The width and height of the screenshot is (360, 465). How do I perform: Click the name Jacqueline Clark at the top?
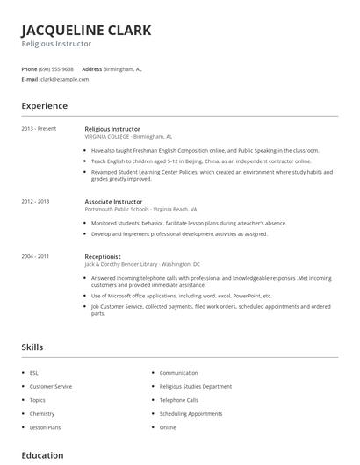coord(86,30)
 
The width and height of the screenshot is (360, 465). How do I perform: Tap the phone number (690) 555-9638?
coord(57,68)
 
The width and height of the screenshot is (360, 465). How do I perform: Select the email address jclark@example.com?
coord(64,79)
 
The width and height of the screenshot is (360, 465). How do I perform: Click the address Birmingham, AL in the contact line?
coord(123,68)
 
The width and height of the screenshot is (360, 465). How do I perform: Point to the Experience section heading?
coord(44,106)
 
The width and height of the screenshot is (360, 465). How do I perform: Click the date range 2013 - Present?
coord(39,129)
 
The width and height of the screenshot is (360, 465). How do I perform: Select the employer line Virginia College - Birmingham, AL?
coord(128,137)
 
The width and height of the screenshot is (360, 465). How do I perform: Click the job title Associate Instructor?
coord(113,202)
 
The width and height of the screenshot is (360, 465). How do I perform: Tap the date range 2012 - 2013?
coord(36,202)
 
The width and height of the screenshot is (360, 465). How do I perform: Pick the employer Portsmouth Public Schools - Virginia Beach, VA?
coord(140,210)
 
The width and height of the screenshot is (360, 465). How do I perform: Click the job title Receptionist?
coord(103,256)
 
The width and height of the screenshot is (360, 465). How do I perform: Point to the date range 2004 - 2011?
coord(36,256)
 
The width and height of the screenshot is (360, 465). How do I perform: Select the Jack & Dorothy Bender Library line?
coord(142,264)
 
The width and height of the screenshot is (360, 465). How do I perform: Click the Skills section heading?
coord(32,347)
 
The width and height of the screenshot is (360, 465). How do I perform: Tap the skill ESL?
coord(33,373)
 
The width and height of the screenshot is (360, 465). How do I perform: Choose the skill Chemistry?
coord(42,413)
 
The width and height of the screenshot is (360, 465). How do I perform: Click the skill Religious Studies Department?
coord(195,386)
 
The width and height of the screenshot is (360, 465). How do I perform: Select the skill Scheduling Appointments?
coord(191,413)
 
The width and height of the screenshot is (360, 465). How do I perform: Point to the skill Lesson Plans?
coord(45,427)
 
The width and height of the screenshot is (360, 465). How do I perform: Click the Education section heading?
coord(42,455)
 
